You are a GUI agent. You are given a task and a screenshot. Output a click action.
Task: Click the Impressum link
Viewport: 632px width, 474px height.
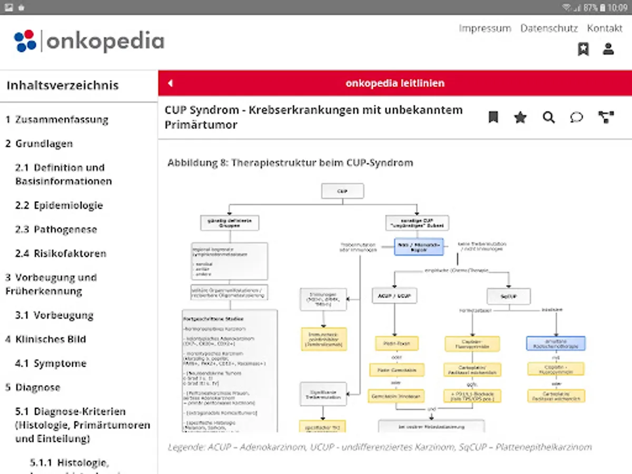485,28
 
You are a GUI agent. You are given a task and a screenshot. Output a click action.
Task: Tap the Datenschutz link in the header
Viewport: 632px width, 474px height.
549,28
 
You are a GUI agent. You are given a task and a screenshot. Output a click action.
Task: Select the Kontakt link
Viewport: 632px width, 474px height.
605,28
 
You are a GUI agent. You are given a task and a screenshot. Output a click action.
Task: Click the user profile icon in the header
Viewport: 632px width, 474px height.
608,50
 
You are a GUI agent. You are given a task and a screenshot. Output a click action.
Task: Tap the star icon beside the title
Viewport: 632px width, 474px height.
520,117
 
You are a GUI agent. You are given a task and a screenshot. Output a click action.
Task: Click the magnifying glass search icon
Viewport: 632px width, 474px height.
549,117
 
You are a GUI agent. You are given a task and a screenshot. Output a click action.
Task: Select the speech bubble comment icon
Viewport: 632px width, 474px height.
577,117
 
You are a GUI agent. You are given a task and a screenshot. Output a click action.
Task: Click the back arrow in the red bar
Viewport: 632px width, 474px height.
170,83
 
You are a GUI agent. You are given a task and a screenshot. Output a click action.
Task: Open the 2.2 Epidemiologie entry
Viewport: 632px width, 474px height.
59,205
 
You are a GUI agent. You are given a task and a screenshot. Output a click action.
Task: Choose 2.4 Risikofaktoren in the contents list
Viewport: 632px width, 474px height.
61,253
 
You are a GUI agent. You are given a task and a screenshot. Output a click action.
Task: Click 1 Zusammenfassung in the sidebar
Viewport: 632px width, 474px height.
57,120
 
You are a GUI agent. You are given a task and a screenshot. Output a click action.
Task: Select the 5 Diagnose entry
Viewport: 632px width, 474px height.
33,388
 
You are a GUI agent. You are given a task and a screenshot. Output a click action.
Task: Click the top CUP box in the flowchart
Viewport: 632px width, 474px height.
342,191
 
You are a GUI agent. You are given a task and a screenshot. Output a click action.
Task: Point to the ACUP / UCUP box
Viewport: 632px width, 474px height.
394,295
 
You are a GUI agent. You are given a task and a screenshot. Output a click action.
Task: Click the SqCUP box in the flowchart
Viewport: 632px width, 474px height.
508,295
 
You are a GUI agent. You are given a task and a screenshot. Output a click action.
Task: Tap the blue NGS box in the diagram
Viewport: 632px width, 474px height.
419,246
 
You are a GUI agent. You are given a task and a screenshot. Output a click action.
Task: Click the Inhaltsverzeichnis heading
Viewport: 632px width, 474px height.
63,85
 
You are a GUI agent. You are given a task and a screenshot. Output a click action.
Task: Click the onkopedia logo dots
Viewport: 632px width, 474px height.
25,41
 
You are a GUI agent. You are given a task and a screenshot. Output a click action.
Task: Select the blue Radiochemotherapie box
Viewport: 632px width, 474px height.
556,343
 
